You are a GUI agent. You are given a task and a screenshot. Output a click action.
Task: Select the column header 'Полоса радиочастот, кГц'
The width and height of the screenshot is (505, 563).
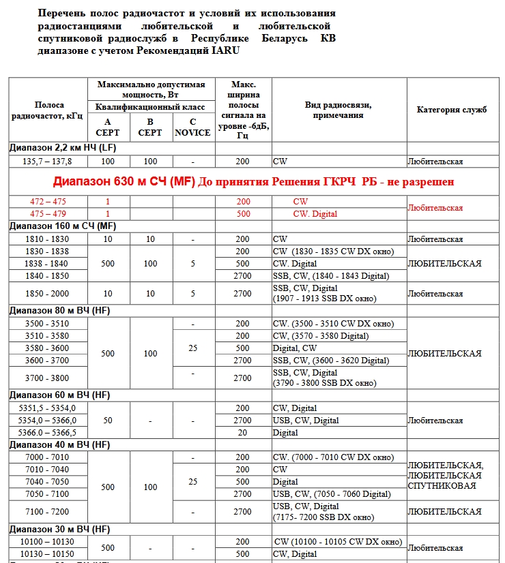[x=48, y=110]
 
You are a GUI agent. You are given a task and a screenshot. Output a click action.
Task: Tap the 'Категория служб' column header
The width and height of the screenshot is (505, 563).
[x=451, y=110]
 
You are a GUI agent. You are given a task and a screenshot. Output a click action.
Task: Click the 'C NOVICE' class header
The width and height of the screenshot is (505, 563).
[x=192, y=127]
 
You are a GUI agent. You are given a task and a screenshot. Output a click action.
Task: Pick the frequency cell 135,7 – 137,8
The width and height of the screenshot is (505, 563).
[x=48, y=162]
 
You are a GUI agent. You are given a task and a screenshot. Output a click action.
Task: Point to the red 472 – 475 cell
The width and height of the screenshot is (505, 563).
[x=48, y=202]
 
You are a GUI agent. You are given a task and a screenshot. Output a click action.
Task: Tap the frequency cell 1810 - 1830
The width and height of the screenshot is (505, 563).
[x=48, y=239]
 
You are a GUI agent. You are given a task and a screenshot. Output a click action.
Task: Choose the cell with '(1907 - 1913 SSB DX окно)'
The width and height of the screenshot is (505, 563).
[x=324, y=299]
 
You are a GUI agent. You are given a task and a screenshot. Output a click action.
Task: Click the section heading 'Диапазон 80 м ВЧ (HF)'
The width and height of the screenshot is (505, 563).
[x=59, y=310]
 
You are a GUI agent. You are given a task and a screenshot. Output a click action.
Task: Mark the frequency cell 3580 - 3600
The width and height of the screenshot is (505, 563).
[x=48, y=348]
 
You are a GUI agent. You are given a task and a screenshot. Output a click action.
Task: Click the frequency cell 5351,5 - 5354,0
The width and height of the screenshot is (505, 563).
[x=48, y=408]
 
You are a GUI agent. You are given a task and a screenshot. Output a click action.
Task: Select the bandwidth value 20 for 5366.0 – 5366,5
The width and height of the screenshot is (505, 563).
[x=243, y=433]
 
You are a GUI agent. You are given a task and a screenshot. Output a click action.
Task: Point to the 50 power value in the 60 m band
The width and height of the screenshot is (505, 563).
[x=108, y=421]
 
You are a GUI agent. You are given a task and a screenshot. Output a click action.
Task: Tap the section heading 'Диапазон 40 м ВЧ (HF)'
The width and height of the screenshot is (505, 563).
[x=59, y=445]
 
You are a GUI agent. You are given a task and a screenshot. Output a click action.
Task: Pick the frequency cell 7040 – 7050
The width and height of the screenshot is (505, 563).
[x=48, y=481]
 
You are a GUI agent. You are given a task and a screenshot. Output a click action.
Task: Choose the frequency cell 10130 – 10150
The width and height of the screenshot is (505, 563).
[x=48, y=554]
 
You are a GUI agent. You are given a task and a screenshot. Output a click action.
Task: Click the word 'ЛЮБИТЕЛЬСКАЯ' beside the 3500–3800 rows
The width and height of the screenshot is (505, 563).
[x=444, y=354]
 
